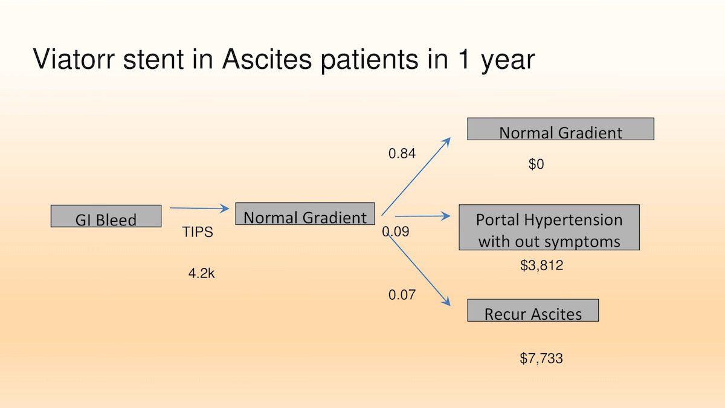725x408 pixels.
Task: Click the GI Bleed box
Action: pyautogui.click(x=106, y=216)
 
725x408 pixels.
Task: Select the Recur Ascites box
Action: pyautogui.click(x=533, y=310)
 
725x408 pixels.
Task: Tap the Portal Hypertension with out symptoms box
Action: pyautogui.click(x=549, y=227)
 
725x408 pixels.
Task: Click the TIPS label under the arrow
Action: pyautogui.click(x=198, y=232)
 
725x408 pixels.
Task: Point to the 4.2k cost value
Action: pyautogui.click(x=201, y=273)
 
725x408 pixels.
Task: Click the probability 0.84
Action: pyautogui.click(x=402, y=154)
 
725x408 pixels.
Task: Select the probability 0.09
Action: pyautogui.click(x=396, y=232)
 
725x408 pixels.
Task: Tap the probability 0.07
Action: pyautogui.click(x=402, y=295)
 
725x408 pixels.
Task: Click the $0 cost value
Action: pyautogui.click(x=536, y=164)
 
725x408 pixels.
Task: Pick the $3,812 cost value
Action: pyautogui.click(x=541, y=265)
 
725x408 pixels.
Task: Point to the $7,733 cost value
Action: pyautogui.click(x=541, y=358)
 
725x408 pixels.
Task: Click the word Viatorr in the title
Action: pyautogui.click(x=74, y=59)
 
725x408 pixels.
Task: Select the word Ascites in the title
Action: pyautogui.click(x=267, y=59)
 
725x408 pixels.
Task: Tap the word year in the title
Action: pyautogui.click(x=508, y=62)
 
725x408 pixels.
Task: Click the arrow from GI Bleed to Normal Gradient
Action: pyautogui.click(x=200, y=208)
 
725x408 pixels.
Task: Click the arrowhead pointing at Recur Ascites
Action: pyautogui.click(x=446, y=302)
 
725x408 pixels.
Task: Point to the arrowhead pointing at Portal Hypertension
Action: pyautogui.click(x=446, y=216)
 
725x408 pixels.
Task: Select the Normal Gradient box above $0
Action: pyautogui.click(x=561, y=129)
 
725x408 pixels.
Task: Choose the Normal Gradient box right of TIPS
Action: pyautogui.click(x=305, y=214)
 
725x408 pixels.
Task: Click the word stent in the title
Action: pyautogui.click(x=153, y=59)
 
